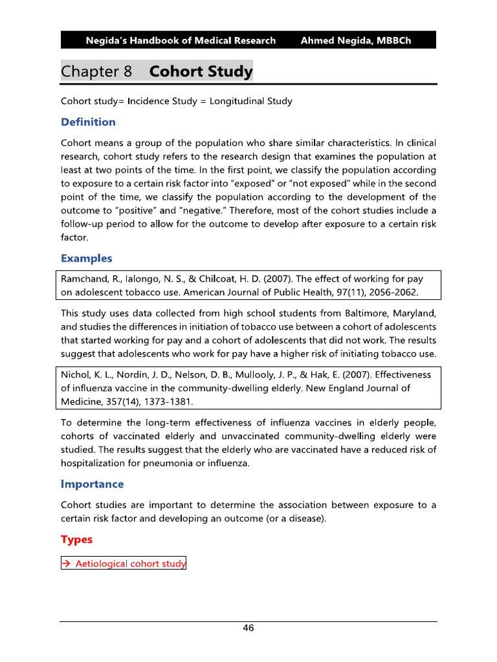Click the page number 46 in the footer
click(x=248, y=628)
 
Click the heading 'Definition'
click(x=88, y=122)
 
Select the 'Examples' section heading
click(x=86, y=259)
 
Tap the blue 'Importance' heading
click(x=92, y=484)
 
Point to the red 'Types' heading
click(x=76, y=539)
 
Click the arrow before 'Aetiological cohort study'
click(x=66, y=564)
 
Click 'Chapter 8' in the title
click(x=96, y=71)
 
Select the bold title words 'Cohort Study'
click(x=201, y=71)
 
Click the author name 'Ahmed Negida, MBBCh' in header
click(x=355, y=40)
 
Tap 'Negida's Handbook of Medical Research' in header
click(x=181, y=40)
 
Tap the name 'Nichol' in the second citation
click(x=74, y=374)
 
